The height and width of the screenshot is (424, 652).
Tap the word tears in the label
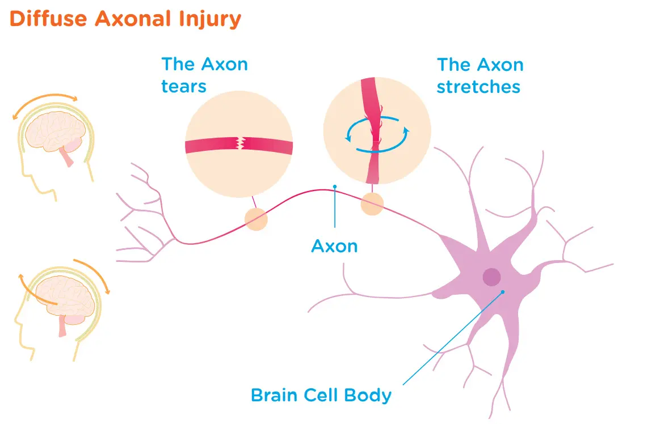tap(183, 86)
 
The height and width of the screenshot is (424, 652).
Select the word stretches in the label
tap(478, 87)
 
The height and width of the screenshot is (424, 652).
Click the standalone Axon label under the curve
tap(335, 246)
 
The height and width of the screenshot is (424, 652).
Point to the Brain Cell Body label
tap(321, 395)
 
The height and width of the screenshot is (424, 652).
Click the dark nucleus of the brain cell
tap(491, 277)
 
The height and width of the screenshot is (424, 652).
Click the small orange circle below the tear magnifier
tap(255, 219)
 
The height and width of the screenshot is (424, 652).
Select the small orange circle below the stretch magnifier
tap(372, 204)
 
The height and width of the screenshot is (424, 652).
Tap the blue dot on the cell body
tap(502, 292)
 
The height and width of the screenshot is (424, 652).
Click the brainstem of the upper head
tap(68, 157)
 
